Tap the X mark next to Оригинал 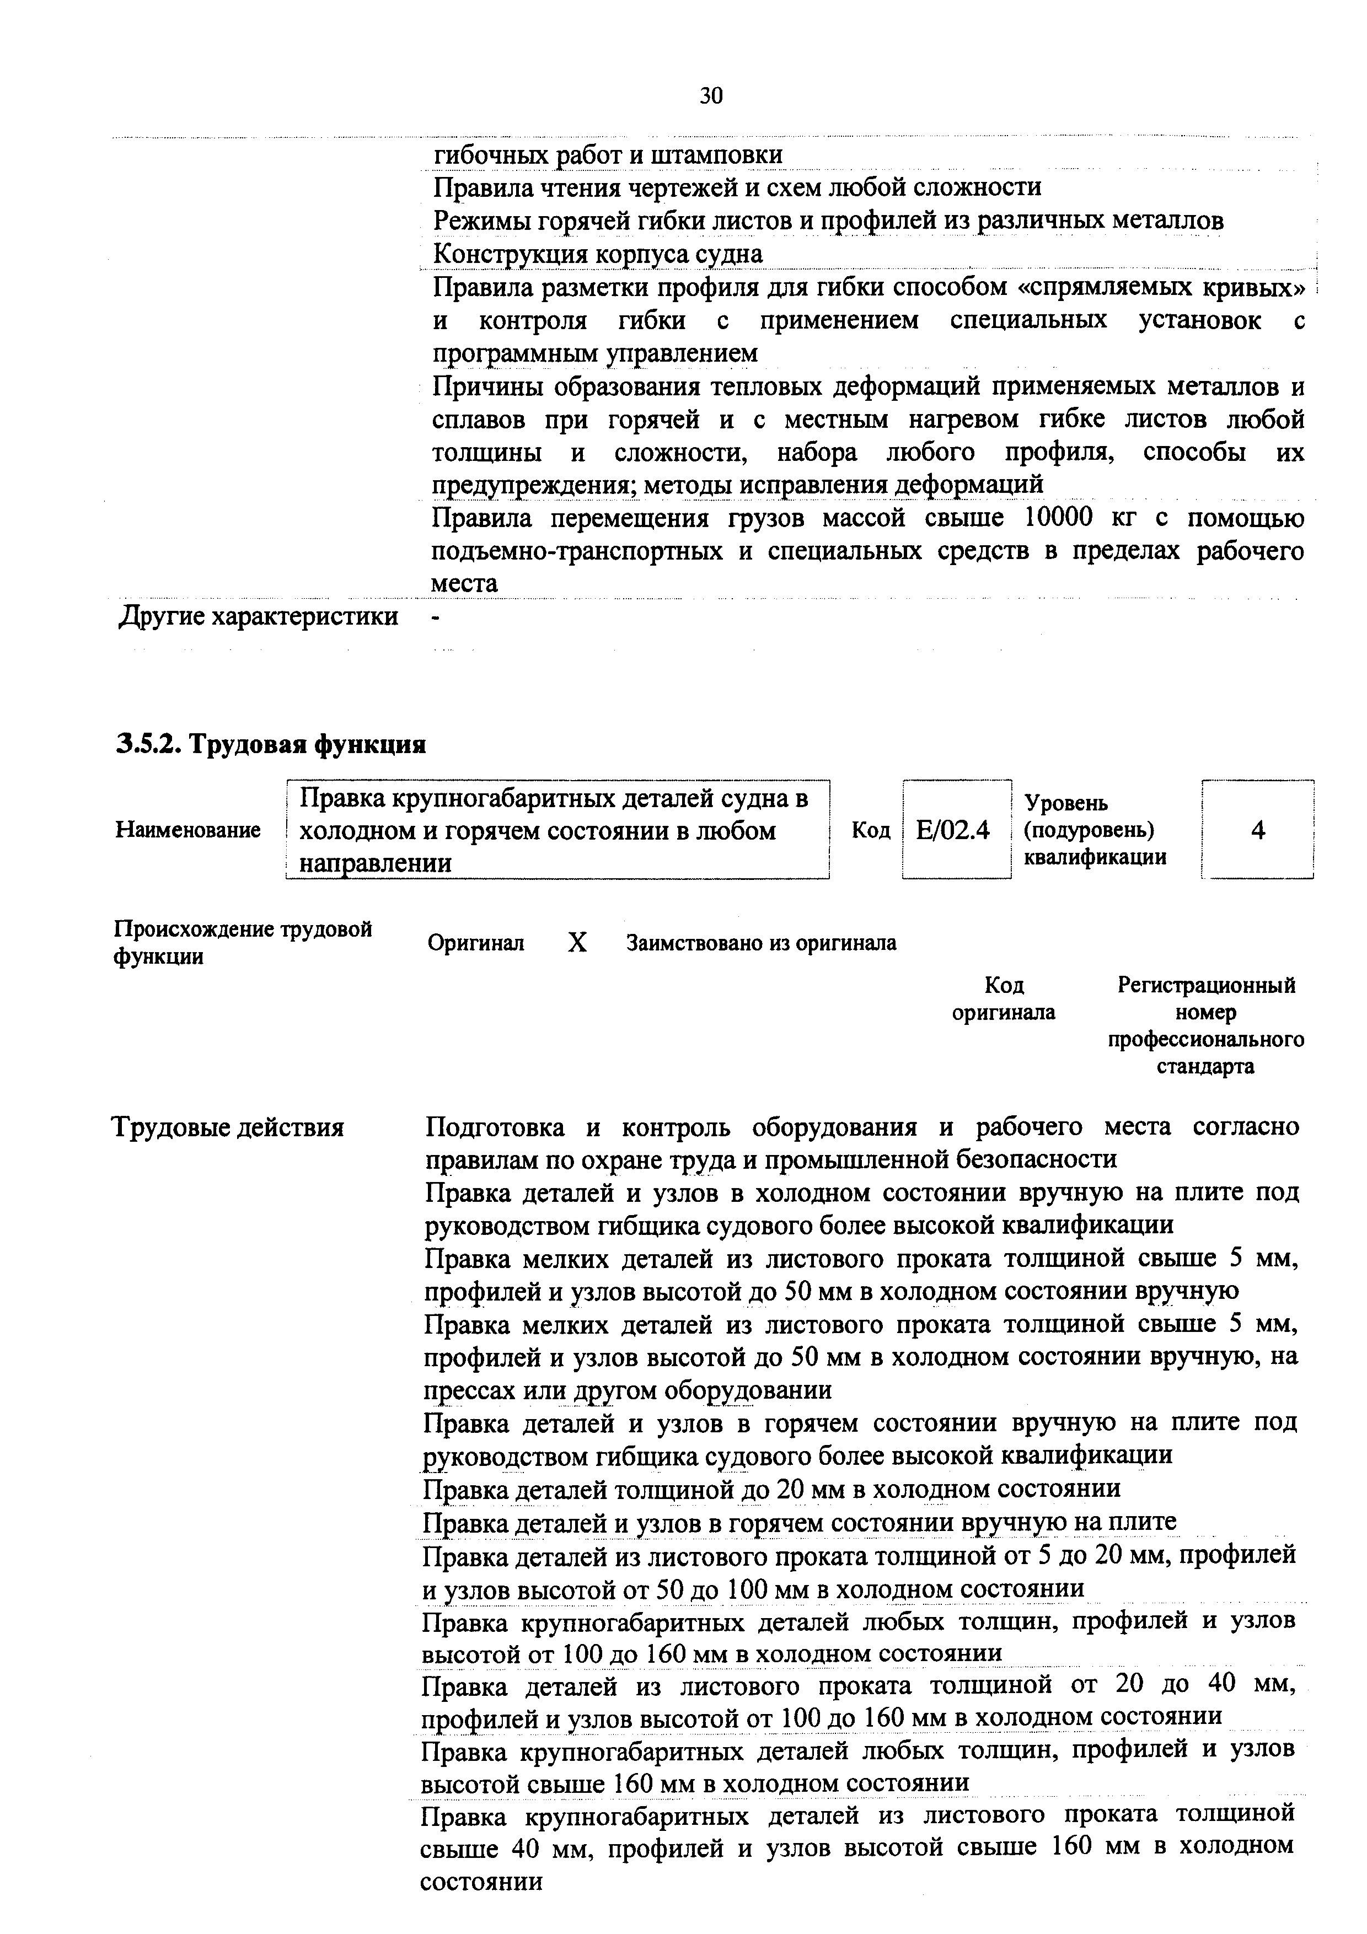pyautogui.click(x=577, y=943)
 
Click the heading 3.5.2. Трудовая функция pyautogui.click(x=270, y=745)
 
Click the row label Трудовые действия pyautogui.click(x=228, y=1127)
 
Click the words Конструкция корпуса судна pyautogui.click(x=597, y=254)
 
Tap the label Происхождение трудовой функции pyautogui.click(x=243, y=943)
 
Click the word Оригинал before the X pyautogui.click(x=476, y=943)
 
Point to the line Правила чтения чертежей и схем pyautogui.click(x=737, y=187)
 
